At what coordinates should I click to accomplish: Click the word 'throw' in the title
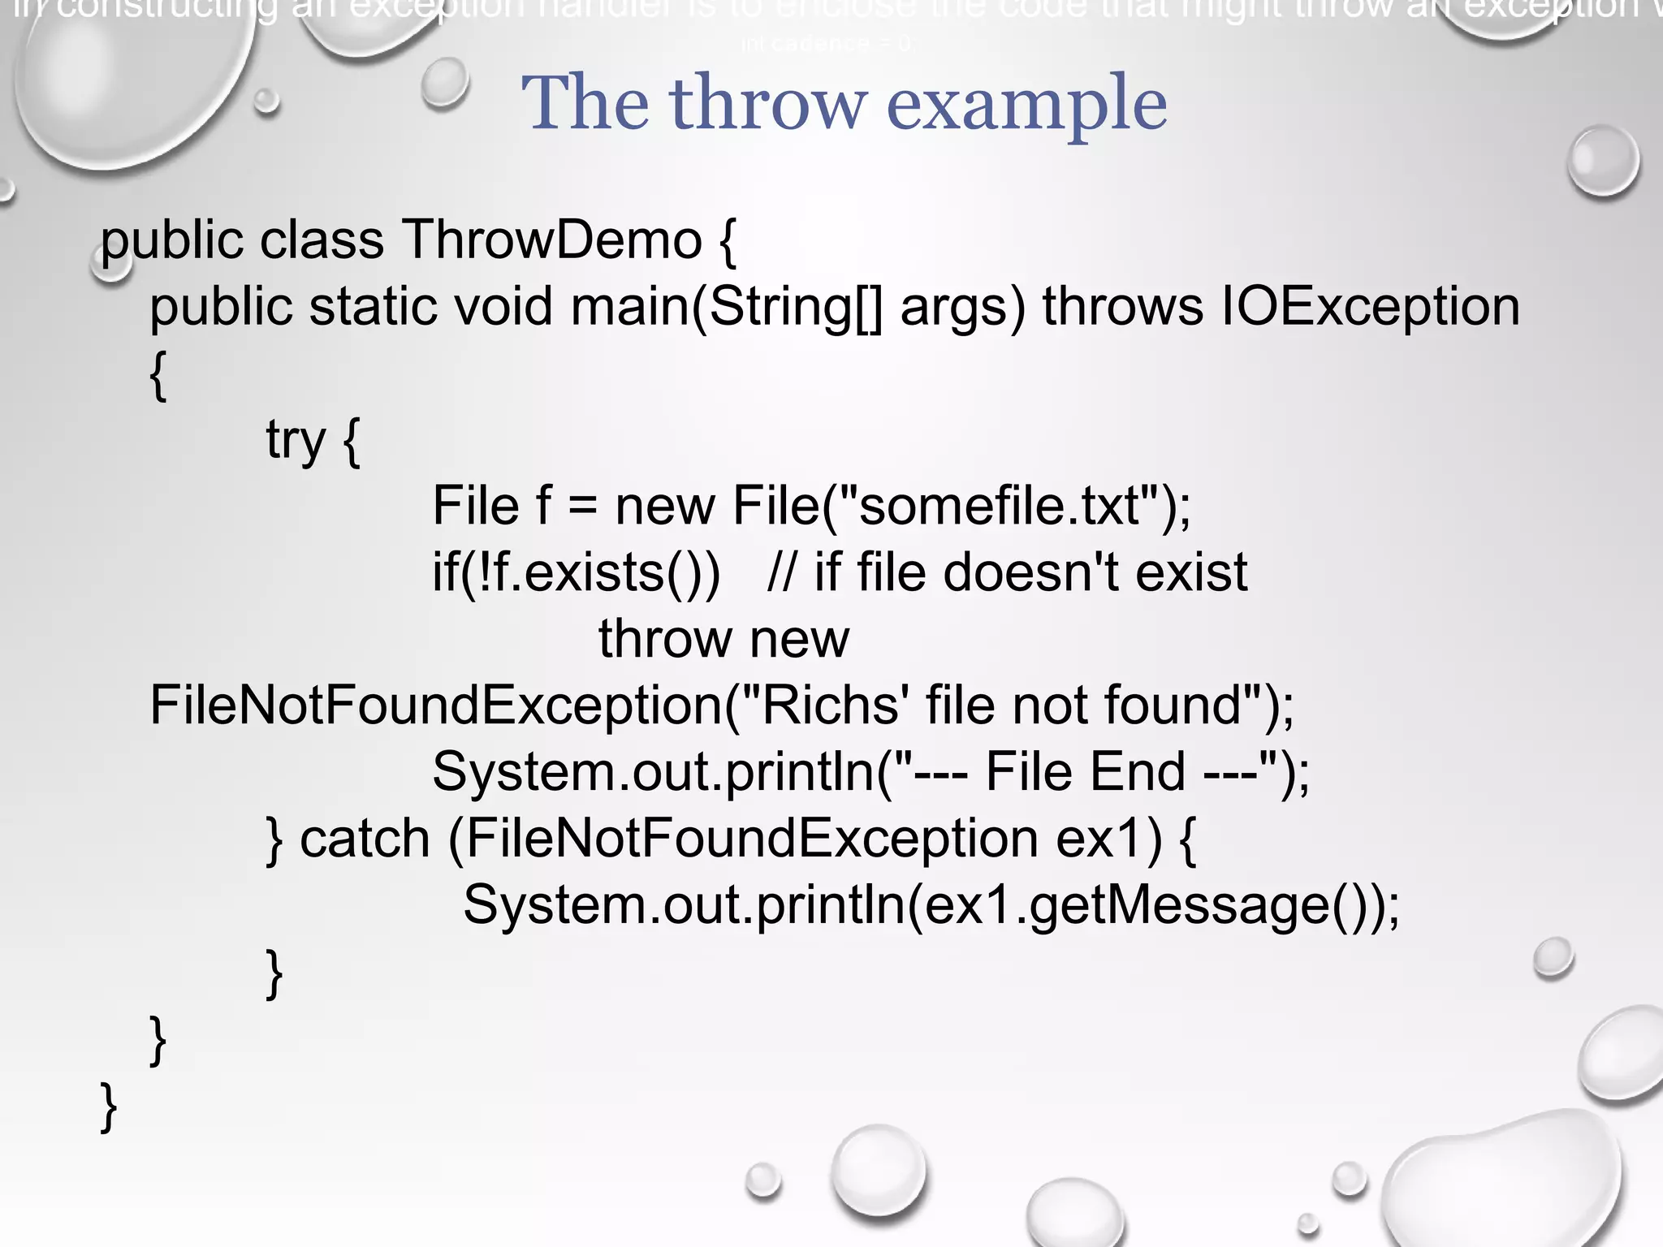(x=767, y=104)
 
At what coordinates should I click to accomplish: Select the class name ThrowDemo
(x=551, y=240)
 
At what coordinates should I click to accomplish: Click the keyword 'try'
(x=295, y=440)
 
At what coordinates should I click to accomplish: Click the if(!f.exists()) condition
(x=576, y=573)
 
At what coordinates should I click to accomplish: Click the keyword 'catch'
(x=365, y=839)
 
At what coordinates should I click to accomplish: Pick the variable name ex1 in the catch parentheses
(x=1108, y=839)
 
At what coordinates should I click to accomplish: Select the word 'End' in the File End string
(x=1137, y=772)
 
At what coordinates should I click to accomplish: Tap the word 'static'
(x=373, y=308)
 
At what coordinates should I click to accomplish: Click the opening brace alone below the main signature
(x=159, y=375)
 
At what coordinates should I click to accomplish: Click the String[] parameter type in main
(x=795, y=308)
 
